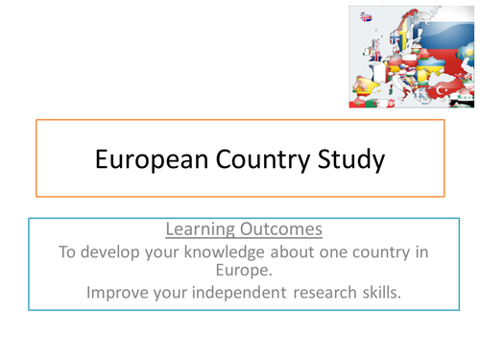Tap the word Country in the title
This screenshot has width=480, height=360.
pos(259,157)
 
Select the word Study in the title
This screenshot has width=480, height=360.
pos(349,157)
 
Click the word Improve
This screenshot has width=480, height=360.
pos(118,292)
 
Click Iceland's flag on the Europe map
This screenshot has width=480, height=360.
pos(365,16)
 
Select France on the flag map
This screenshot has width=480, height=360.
pos(378,75)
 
